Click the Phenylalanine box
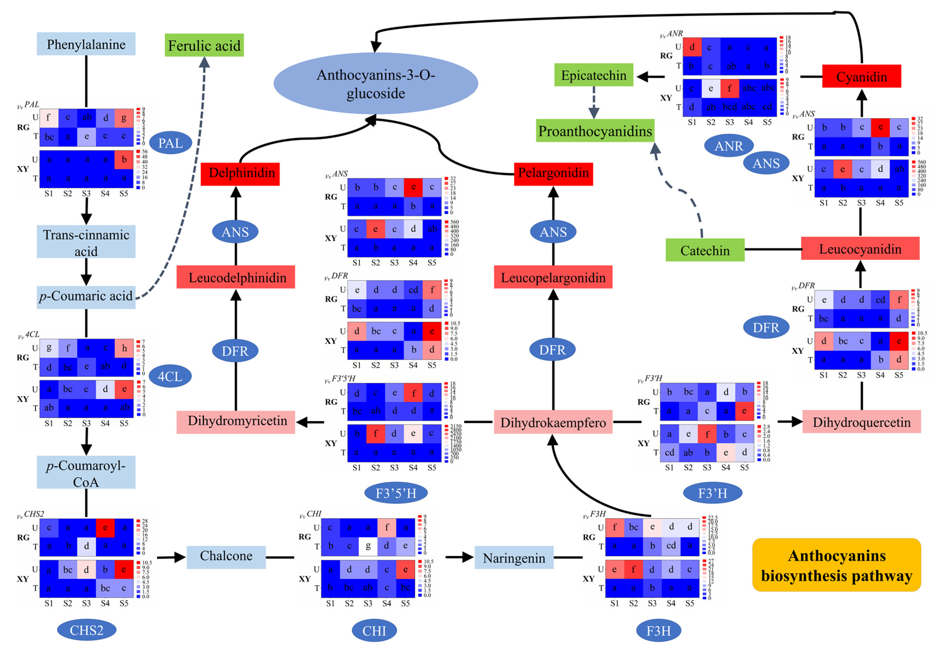[x=86, y=44]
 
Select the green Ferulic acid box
[x=204, y=45]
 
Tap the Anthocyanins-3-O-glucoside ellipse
[x=375, y=83]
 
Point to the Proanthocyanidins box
[x=595, y=131]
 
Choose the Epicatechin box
[x=593, y=75]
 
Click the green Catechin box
[x=704, y=250]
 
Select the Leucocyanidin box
[x=860, y=249]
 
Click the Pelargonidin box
[x=553, y=173]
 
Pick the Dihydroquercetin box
[x=861, y=422]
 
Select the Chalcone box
[x=226, y=556]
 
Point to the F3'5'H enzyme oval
[x=396, y=493]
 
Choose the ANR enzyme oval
[x=728, y=146]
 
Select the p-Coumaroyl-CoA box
[x=86, y=473]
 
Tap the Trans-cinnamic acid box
[x=86, y=242]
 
